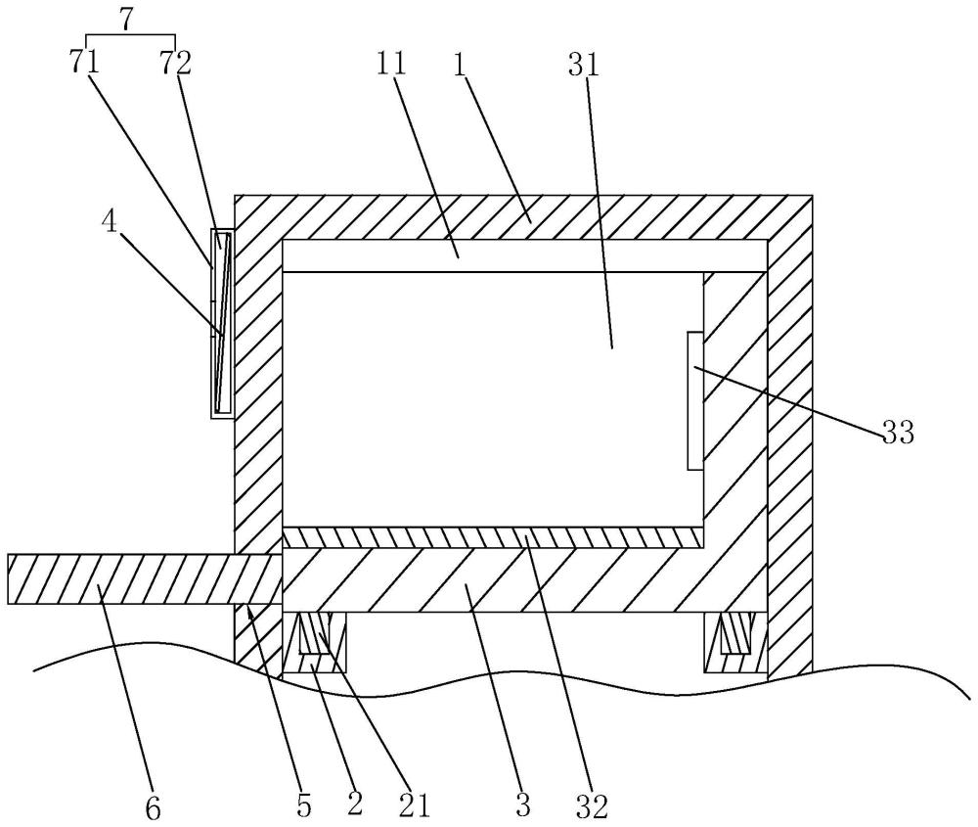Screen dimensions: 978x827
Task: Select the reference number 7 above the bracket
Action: point(126,20)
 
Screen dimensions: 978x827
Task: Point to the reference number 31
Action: point(584,65)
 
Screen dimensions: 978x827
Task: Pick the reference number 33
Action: point(898,432)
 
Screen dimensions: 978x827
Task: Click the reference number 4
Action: point(110,222)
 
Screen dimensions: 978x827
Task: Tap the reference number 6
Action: point(153,808)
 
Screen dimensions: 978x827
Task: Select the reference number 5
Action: point(304,805)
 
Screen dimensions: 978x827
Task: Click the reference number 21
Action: point(414,805)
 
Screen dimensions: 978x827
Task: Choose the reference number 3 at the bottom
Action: point(522,805)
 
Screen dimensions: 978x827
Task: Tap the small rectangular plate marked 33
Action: point(695,400)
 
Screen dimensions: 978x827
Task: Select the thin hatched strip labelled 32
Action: point(493,536)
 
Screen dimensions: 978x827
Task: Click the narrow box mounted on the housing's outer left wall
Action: point(221,323)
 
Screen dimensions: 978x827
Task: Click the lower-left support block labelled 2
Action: point(314,643)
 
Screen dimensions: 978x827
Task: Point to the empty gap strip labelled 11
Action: point(525,255)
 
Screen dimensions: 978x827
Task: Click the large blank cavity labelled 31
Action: point(493,399)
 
